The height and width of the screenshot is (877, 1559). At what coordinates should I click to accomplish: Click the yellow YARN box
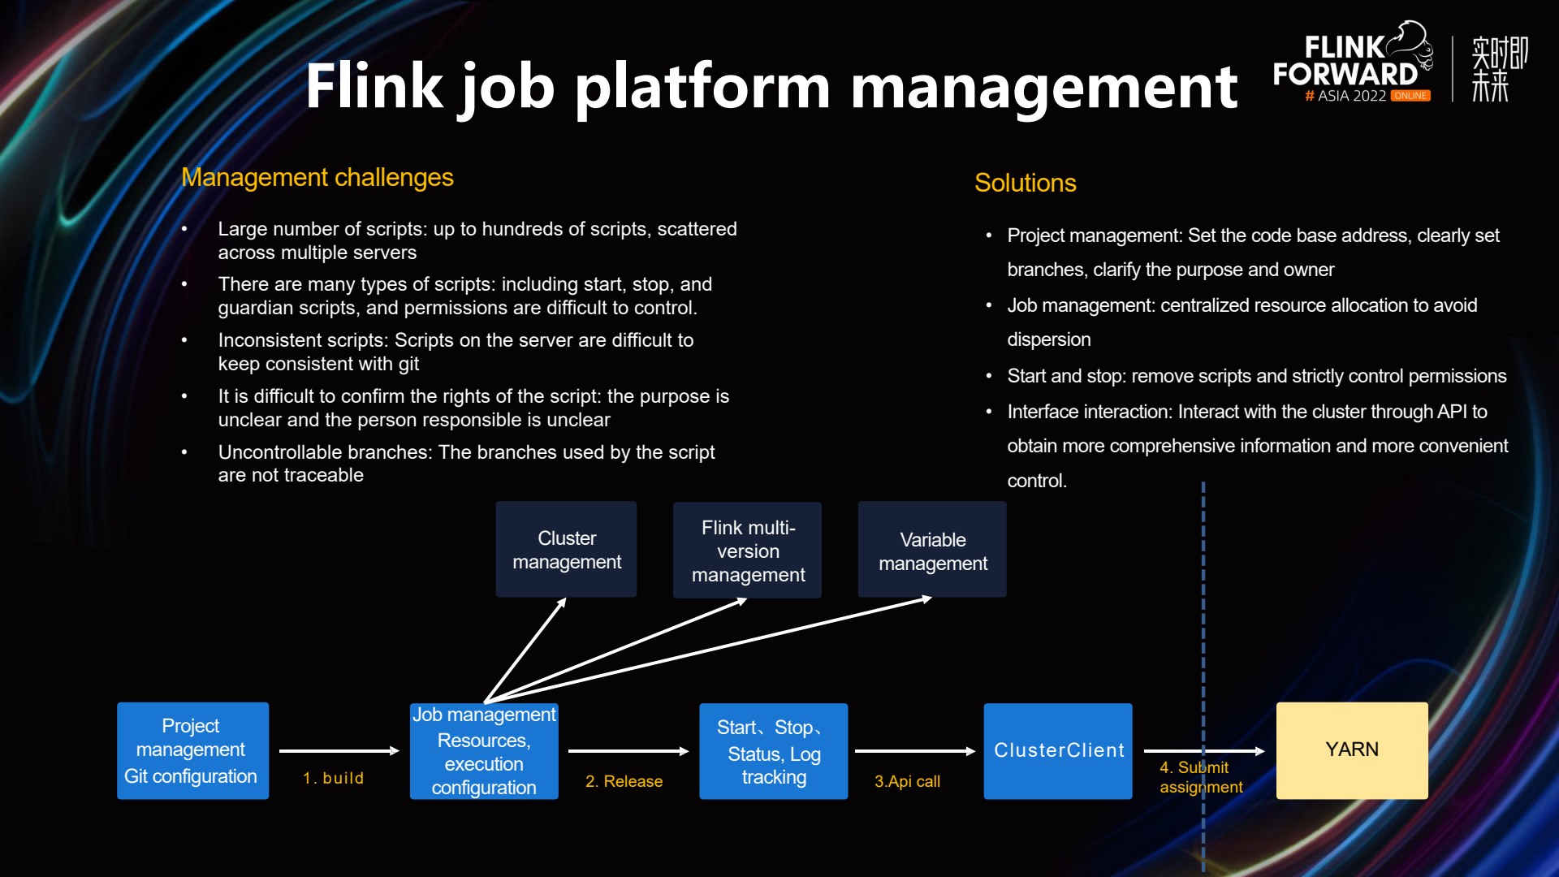[1352, 750]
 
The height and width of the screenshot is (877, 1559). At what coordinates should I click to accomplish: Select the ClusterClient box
[1058, 750]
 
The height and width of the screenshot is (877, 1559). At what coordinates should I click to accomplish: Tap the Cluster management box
[566, 550]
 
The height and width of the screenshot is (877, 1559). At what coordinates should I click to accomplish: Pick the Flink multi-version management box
[747, 551]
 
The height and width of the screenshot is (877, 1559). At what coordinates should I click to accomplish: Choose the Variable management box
[932, 551]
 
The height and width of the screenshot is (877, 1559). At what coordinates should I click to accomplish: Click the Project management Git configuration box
[192, 750]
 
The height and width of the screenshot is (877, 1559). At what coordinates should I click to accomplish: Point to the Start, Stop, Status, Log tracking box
[773, 751]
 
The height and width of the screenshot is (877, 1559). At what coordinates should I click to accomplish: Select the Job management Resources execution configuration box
[484, 751]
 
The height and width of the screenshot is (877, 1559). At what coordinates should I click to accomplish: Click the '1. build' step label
[334, 778]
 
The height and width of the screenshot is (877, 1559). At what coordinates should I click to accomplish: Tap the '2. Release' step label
[624, 781]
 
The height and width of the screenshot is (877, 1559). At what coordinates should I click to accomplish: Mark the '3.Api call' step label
[907, 781]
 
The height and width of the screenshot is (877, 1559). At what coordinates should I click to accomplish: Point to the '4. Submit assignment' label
[1200, 777]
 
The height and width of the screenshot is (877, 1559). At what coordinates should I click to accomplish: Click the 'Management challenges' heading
[317, 177]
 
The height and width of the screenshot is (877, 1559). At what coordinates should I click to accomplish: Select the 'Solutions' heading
[1025, 183]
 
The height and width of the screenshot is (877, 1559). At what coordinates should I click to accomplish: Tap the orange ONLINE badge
[1410, 96]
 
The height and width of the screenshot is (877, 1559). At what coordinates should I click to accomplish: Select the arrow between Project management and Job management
[339, 751]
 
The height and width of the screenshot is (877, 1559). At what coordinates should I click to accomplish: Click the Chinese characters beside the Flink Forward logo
[1499, 69]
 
